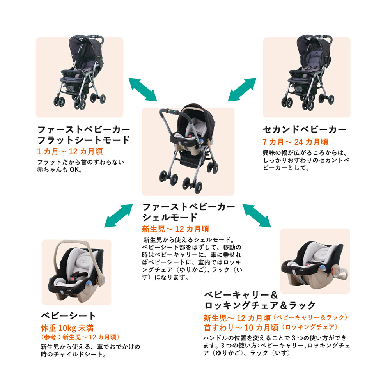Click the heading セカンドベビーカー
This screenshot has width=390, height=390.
click(x=305, y=129)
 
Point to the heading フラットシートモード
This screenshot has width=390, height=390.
click(x=83, y=140)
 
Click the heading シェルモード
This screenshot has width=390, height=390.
click(x=170, y=217)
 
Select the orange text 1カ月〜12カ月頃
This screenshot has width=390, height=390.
click(x=70, y=151)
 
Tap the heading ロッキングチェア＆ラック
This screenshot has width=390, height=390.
click(x=259, y=305)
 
